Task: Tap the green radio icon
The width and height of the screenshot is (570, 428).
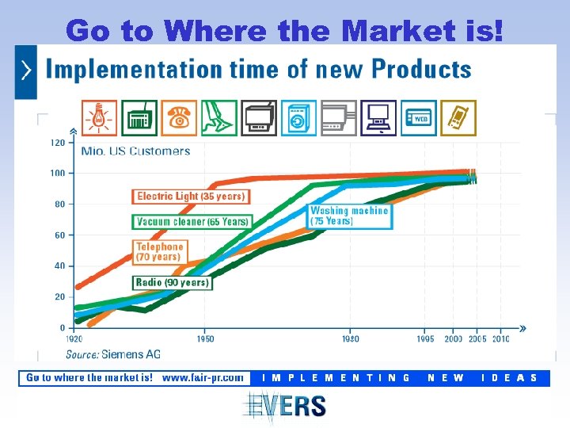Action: tap(139, 118)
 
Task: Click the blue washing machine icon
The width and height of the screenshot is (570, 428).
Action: tap(298, 118)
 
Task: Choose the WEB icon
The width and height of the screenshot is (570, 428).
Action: tap(417, 118)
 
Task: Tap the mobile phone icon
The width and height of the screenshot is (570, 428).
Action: tap(458, 118)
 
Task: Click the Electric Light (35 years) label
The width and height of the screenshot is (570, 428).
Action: tap(191, 196)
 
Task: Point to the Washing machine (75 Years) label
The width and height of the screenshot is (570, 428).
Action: tap(349, 216)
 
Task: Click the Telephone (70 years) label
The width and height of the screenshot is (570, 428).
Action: tap(160, 251)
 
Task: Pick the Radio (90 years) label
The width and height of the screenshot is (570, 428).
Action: tap(172, 282)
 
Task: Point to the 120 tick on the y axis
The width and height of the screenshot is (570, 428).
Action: tap(57, 143)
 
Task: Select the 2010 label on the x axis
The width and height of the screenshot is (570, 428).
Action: tap(500, 338)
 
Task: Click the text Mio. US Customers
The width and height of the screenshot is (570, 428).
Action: tap(136, 151)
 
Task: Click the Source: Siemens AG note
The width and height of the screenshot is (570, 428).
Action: tap(112, 353)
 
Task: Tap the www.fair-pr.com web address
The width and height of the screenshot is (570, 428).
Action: tap(203, 378)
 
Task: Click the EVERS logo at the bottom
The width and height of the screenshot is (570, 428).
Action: tap(284, 406)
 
